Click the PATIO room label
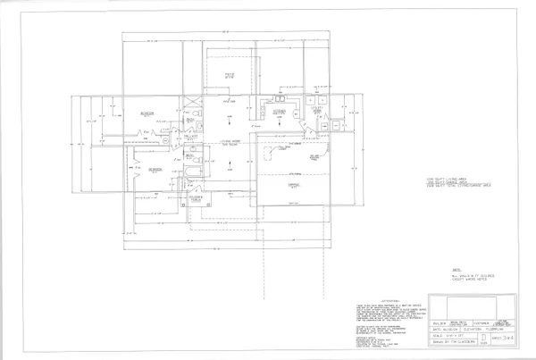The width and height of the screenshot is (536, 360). (x=229, y=75)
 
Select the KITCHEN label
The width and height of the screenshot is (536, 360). (x=279, y=111)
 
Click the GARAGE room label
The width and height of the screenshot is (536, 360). (x=292, y=184)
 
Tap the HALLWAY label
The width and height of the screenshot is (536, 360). (x=190, y=138)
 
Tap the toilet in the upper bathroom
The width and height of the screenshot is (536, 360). (x=189, y=115)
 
